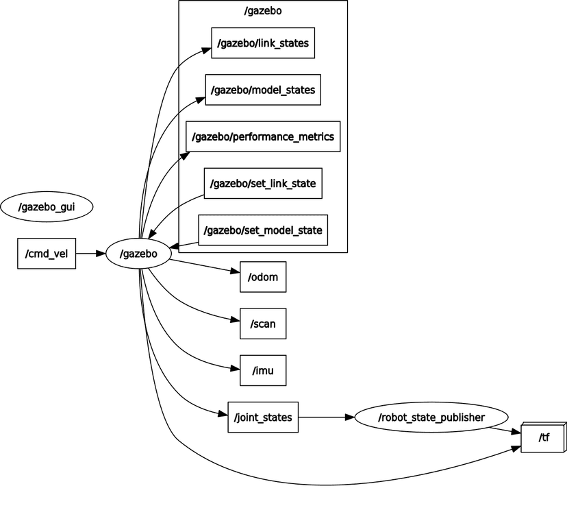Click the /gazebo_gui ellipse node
coord(46,207)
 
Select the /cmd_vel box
coord(46,254)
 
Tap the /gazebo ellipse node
coord(138,254)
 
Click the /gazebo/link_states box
coord(263,44)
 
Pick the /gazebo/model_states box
coord(263,90)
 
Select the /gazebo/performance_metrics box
coord(263,137)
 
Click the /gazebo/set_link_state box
coord(263,184)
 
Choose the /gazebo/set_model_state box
coord(263,230)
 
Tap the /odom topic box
coord(263,277)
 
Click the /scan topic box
coord(263,324)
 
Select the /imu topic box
coord(263,370)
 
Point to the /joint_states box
coord(263,417)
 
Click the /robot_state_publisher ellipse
coord(431,417)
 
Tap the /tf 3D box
coord(543,437)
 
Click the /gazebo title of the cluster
coord(263,12)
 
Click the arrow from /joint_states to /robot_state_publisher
coord(326,417)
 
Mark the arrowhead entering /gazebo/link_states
coord(207,49)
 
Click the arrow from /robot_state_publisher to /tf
coord(505,431)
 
